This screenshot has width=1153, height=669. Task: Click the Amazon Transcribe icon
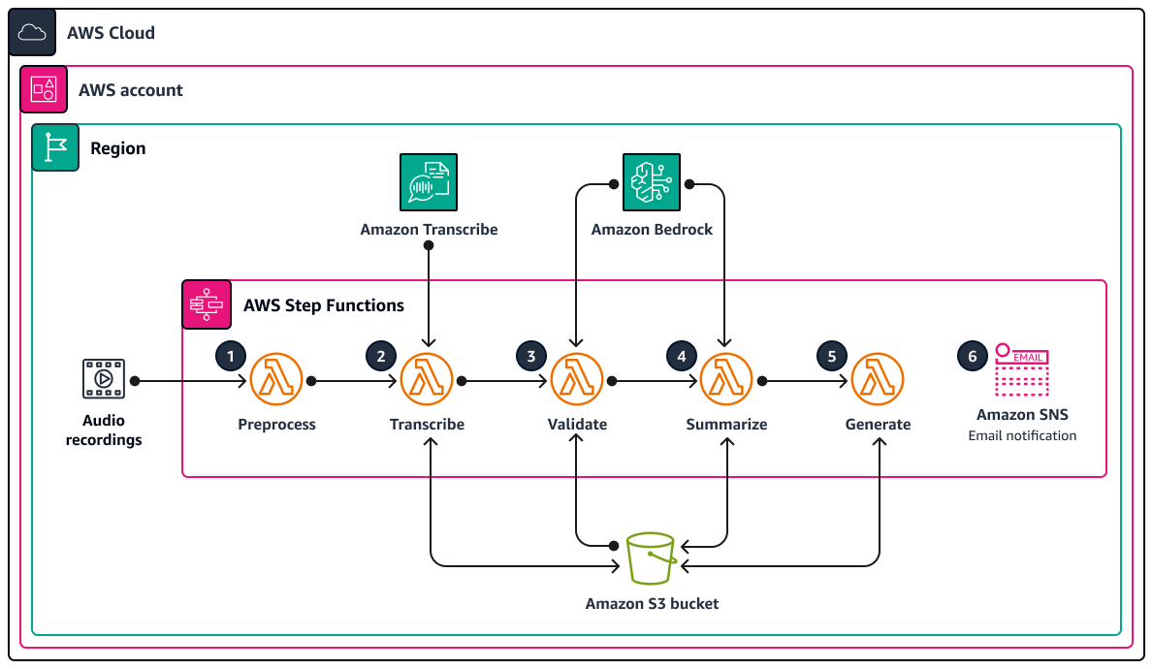tap(429, 182)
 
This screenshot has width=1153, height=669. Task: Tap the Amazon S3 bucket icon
tap(651, 558)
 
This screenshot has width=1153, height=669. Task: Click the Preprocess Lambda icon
tap(276, 381)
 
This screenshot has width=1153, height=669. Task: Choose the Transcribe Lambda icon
tap(428, 381)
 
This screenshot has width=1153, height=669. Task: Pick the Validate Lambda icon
tap(577, 381)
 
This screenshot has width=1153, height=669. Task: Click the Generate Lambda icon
tap(878, 381)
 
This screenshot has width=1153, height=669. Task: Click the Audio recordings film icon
tap(103, 380)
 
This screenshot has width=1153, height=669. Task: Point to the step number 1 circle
tap(230, 356)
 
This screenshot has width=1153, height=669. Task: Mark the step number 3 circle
tap(530, 356)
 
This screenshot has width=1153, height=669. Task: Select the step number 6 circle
tap(973, 356)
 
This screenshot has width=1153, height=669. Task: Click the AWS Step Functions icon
tap(207, 304)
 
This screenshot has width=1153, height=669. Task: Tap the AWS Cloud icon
tap(33, 33)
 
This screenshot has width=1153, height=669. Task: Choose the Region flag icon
tap(55, 147)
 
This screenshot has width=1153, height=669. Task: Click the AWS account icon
tap(44, 89)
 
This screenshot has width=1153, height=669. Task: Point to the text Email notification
tap(1022, 436)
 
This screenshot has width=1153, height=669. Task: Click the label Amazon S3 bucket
tap(652, 604)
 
